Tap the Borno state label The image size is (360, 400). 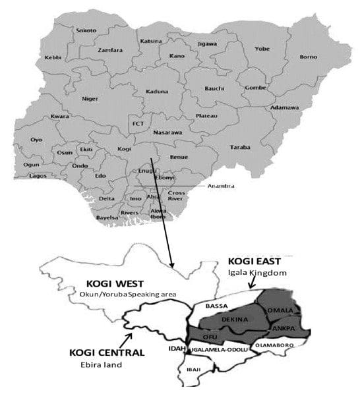pos(309,57)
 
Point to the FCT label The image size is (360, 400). pos(138,123)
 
